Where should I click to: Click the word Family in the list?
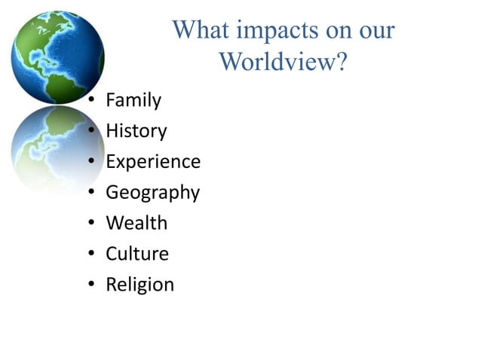click(x=133, y=99)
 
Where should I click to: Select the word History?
click(x=136, y=130)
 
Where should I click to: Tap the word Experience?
click(x=153, y=161)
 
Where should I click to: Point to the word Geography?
click(x=152, y=193)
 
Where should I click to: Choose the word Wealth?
click(x=136, y=223)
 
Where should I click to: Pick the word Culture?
click(x=137, y=254)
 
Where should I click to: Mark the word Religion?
click(x=139, y=285)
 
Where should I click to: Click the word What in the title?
click(x=201, y=31)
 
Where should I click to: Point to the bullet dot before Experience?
click(x=91, y=162)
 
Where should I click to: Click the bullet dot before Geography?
click(x=91, y=193)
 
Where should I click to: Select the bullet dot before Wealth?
click(x=91, y=224)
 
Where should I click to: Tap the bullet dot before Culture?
click(x=91, y=255)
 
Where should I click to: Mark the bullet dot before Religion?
click(x=91, y=285)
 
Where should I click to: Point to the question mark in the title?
click(x=341, y=62)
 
